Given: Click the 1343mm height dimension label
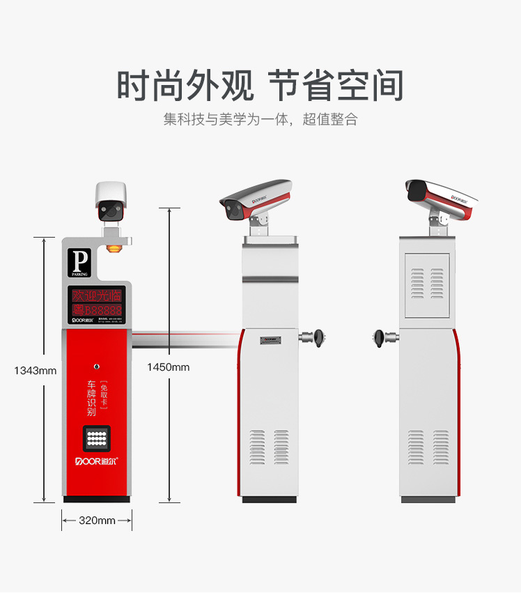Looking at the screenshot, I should (x=35, y=371).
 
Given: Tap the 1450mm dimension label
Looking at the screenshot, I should (x=168, y=367).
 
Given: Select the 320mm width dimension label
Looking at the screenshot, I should (x=97, y=521).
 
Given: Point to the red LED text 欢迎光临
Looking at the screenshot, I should (x=97, y=295).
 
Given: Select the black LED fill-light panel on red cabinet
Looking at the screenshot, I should (x=97, y=438).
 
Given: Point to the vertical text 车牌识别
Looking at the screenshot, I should (x=91, y=398).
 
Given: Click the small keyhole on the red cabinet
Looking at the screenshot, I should (x=97, y=364).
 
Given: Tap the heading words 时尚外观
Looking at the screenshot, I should (x=185, y=86).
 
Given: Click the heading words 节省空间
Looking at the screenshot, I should (x=336, y=86).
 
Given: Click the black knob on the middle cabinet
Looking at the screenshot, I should (x=319, y=338).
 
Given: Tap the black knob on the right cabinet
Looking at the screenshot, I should (x=381, y=338).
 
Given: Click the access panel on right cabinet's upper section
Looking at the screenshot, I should (x=427, y=285).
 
